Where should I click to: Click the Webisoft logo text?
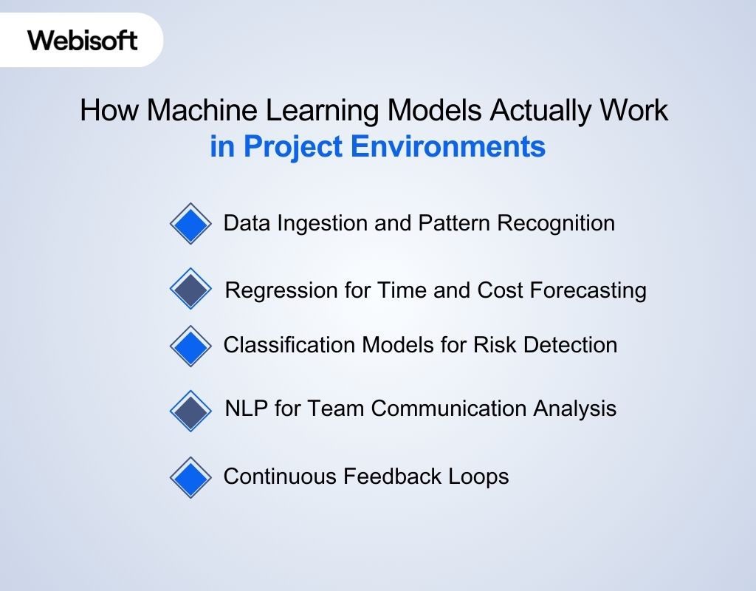tap(83, 40)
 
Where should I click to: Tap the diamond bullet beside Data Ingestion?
tap(190, 223)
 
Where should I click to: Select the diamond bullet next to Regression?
tap(190, 289)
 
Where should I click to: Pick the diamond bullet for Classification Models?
tap(190, 345)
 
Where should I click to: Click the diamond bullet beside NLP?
tap(190, 411)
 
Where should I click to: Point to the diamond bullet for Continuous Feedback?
tap(190, 477)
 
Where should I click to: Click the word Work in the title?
tap(636, 111)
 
